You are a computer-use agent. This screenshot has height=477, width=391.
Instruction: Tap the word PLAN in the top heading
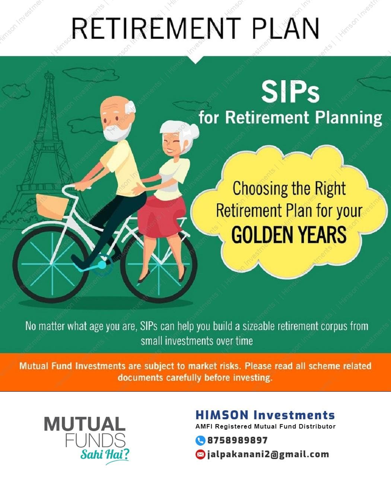(x=286, y=29)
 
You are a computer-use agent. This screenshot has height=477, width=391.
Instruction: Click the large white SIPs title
(x=290, y=92)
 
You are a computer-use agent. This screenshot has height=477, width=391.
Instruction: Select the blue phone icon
(x=200, y=440)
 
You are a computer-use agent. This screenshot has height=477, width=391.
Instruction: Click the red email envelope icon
(x=200, y=455)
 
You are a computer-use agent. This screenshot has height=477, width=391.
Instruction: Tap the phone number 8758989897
(x=237, y=440)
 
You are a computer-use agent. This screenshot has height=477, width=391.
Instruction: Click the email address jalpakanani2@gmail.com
(x=268, y=454)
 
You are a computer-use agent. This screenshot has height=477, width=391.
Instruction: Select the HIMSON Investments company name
(x=265, y=415)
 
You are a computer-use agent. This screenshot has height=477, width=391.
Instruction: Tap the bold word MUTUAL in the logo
(x=85, y=424)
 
